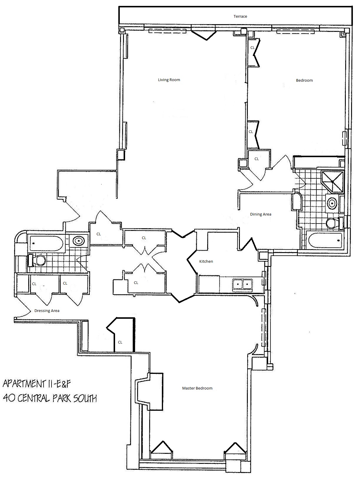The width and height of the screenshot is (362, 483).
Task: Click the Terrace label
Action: pyautogui.click(x=240, y=17)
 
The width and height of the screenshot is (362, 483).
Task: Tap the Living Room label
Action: pyautogui.click(x=169, y=80)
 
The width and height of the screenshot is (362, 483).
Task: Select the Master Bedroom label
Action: pyautogui.click(x=197, y=388)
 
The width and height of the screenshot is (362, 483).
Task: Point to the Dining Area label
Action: pyautogui.click(x=260, y=214)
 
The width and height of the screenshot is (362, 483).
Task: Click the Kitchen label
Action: pyautogui.click(x=206, y=262)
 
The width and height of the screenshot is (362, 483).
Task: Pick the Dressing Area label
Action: pyautogui.click(x=47, y=310)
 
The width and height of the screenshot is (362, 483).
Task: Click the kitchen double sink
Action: pyautogui.click(x=243, y=284)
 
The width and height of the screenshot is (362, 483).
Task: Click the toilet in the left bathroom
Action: pyautogui.click(x=37, y=260)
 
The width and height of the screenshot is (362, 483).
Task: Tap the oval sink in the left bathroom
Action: pyautogui.click(x=79, y=241)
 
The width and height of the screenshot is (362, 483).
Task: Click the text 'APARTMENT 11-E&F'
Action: pyautogui.click(x=36, y=384)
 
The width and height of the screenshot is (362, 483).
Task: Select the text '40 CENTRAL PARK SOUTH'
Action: pyautogui.click(x=50, y=399)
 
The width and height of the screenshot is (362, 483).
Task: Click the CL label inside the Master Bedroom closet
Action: pyautogui.click(x=120, y=342)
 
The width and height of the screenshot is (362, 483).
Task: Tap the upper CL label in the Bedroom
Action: pyautogui.click(x=253, y=48)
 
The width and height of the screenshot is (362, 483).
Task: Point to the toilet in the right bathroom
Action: pyautogui.click(x=334, y=223)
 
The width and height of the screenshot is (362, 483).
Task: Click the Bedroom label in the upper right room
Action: pyautogui.click(x=304, y=80)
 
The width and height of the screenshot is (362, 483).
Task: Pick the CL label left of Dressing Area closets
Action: pyautogui.click(x=34, y=284)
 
